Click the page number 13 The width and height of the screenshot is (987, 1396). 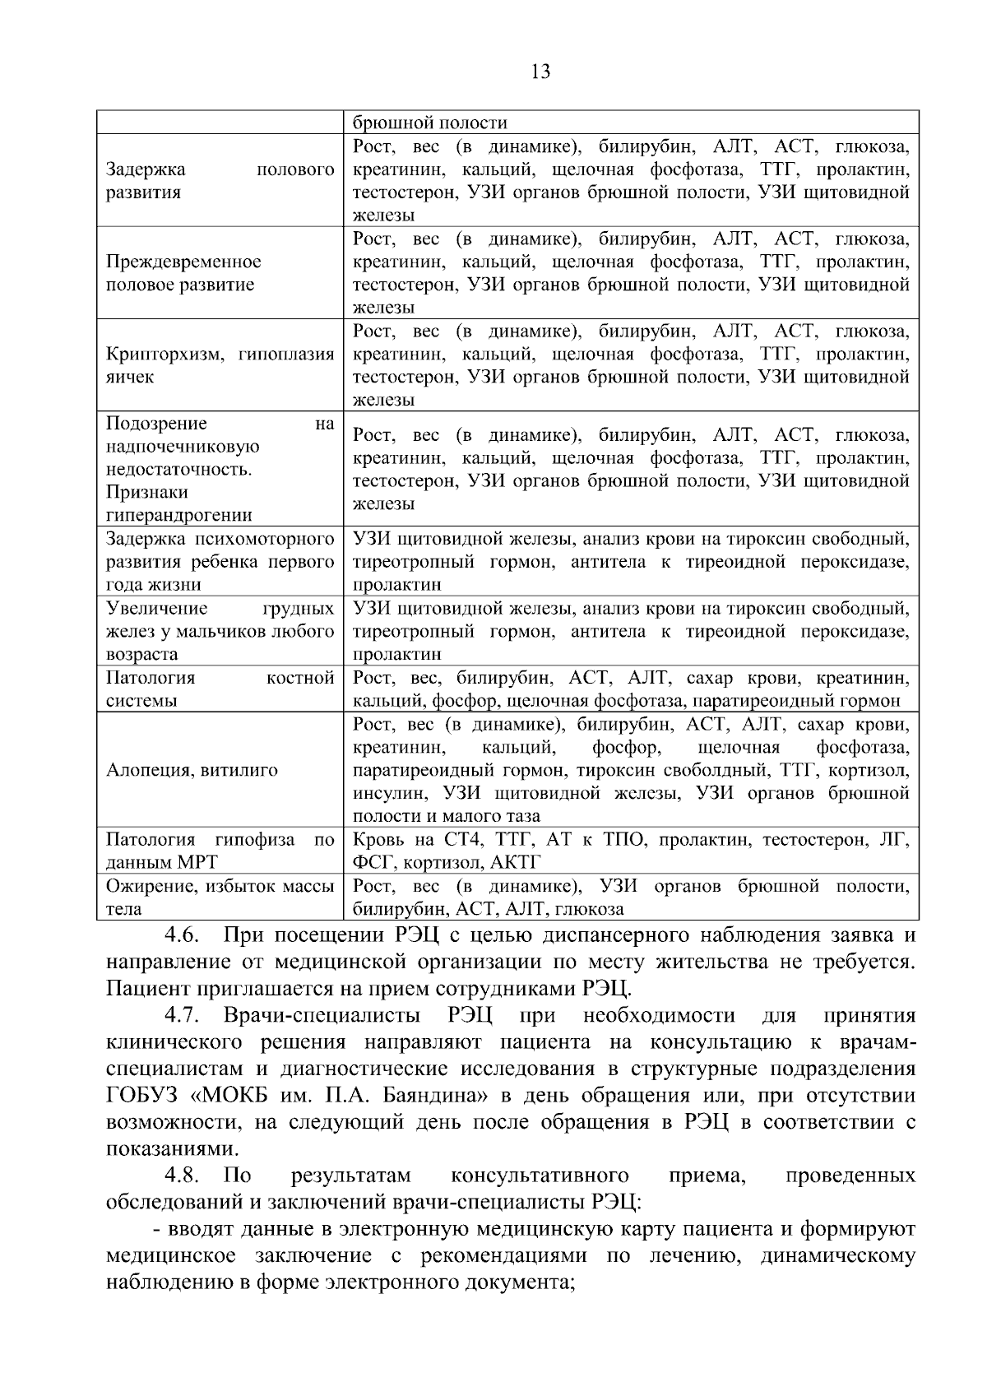click(x=540, y=72)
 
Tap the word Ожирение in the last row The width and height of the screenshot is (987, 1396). click(x=144, y=887)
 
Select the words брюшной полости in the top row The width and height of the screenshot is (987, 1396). click(x=429, y=123)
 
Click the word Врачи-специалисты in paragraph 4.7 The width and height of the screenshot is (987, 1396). click(x=324, y=1015)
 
